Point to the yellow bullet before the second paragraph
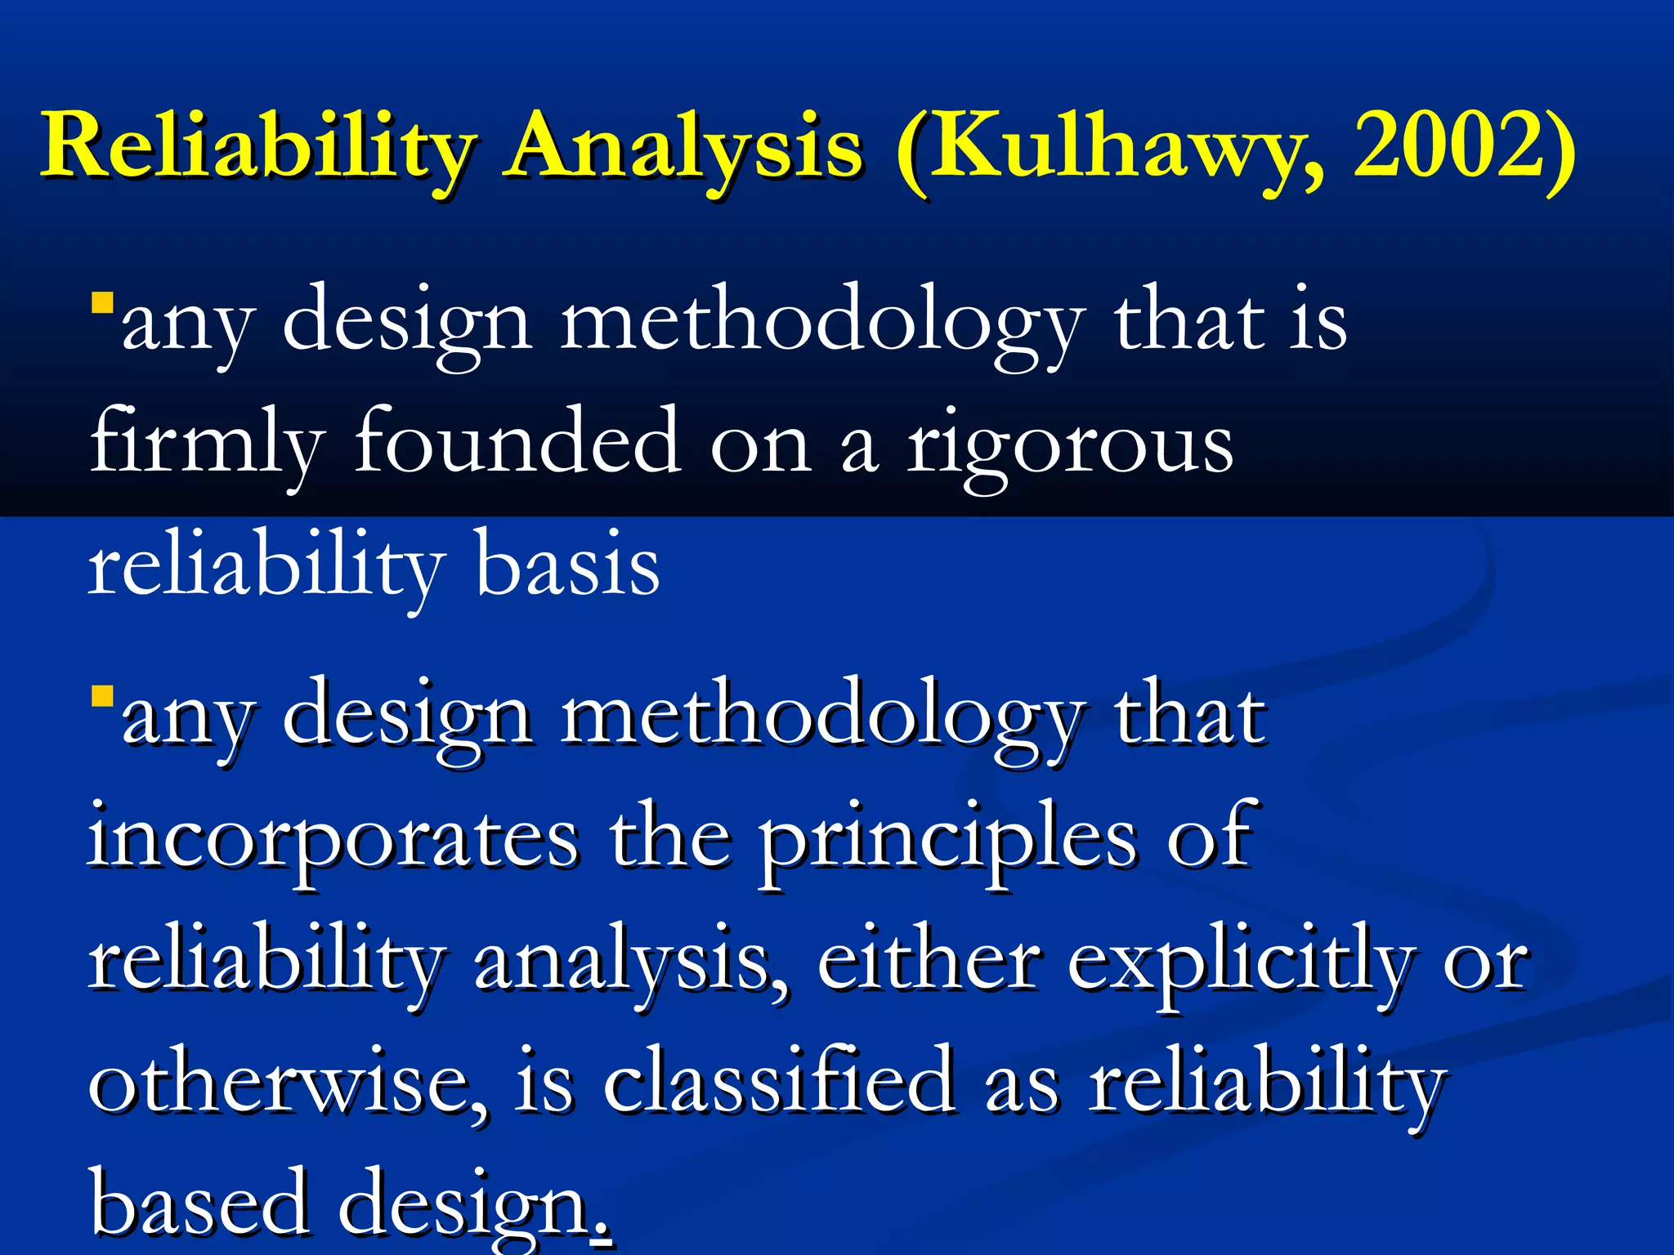[x=102, y=697]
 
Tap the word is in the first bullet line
[x=1317, y=323]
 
